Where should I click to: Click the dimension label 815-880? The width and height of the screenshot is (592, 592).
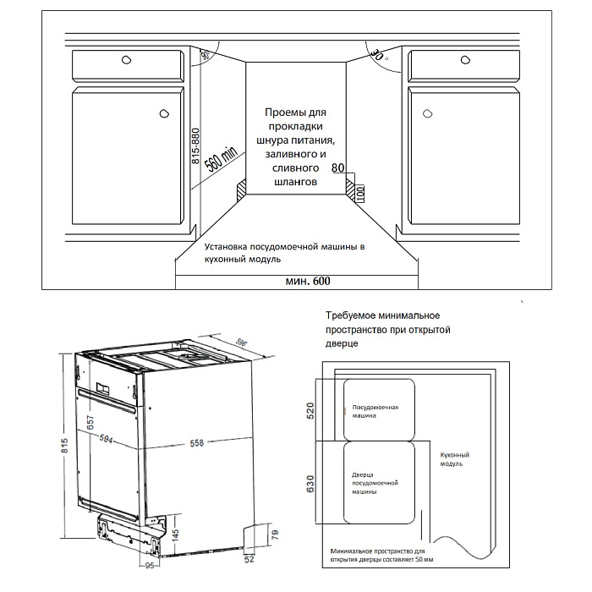tap(195, 151)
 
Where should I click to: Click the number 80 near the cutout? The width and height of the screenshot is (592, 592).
tap(338, 168)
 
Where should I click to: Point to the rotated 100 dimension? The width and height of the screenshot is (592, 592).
tap(359, 190)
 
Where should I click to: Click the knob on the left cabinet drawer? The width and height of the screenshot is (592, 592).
tap(126, 60)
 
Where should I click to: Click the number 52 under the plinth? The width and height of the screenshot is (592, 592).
tap(250, 559)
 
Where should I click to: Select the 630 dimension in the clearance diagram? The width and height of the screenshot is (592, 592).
tap(310, 485)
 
